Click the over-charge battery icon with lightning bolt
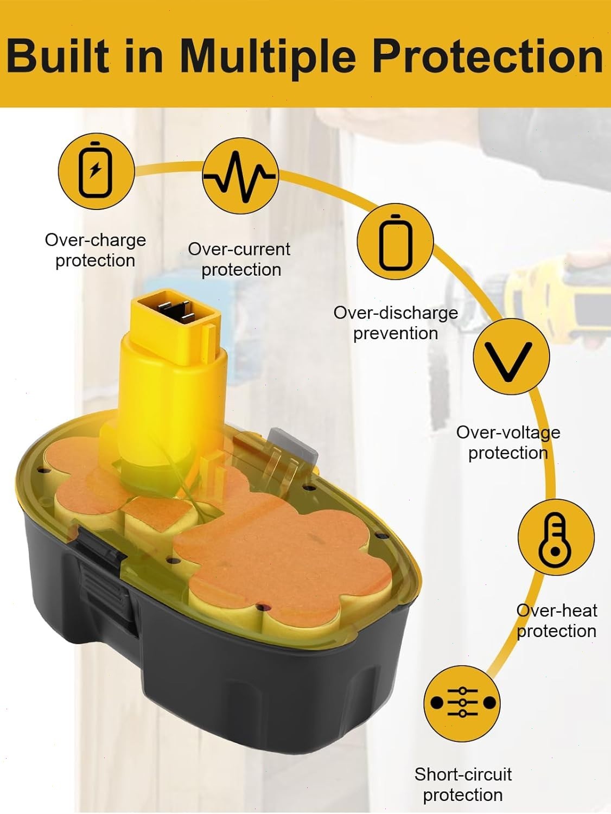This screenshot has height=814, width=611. (96, 171)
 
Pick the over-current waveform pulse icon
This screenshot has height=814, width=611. (240, 176)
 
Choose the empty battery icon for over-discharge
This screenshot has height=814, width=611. (395, 242)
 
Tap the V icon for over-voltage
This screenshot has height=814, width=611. (511, 356)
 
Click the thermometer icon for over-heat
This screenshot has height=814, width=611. (556, 537)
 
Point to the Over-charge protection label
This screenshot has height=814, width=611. (96, 250)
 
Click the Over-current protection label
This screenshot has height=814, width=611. (239, 259)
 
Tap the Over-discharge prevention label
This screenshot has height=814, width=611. (396, 323)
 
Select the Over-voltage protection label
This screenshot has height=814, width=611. (508, 442)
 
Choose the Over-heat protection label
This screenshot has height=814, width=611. (557, 621)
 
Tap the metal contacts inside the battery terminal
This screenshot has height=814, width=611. (174, 310)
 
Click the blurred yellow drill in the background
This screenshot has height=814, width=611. (556, 297)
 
